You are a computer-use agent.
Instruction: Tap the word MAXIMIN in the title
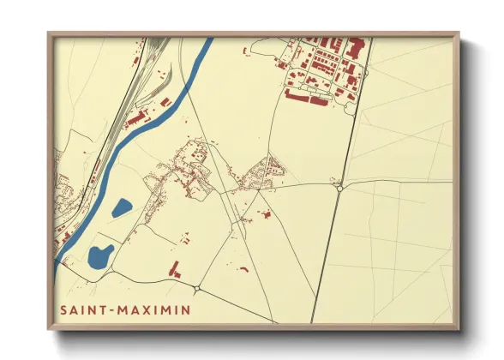155,308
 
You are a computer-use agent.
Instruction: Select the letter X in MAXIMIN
149,308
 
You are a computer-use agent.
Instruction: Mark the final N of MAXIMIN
187,308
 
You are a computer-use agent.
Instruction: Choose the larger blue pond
100,255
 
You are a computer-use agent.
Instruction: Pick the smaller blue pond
122,207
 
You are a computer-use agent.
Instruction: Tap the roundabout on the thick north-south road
340,184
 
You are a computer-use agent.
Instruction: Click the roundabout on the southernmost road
198,288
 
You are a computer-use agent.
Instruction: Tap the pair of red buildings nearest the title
176,269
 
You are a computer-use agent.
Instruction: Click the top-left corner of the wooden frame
49,34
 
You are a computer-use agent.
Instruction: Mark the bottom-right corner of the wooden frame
459,329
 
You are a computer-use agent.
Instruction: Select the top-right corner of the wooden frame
459,34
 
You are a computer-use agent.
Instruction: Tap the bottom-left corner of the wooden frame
49,329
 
